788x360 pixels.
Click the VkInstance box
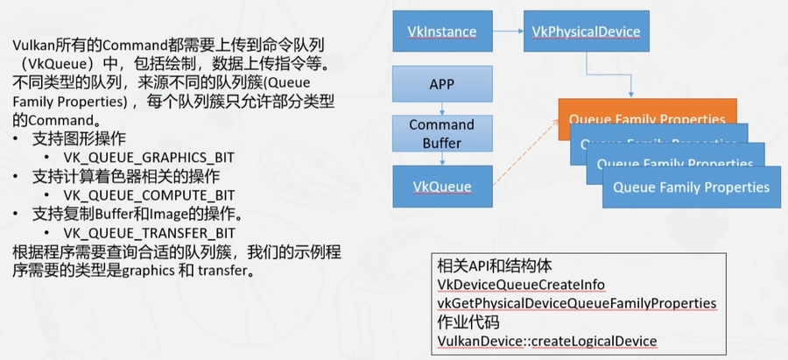(x=441, y=32)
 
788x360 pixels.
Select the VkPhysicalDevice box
(x=586, y=32)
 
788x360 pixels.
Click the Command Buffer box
(x=441, y=132)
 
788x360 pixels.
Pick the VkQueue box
(x=441, y=186)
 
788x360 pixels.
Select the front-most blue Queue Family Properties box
(x=691, y=187)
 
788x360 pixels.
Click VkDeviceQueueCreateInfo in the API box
(x=521, y=286)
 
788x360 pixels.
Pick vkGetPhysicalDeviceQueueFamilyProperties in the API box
(x=577, y=303)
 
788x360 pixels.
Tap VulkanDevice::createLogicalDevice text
(x=546, y=340)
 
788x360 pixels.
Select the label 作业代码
(x=465, y=321)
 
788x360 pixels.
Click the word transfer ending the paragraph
(x=223, y=271)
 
